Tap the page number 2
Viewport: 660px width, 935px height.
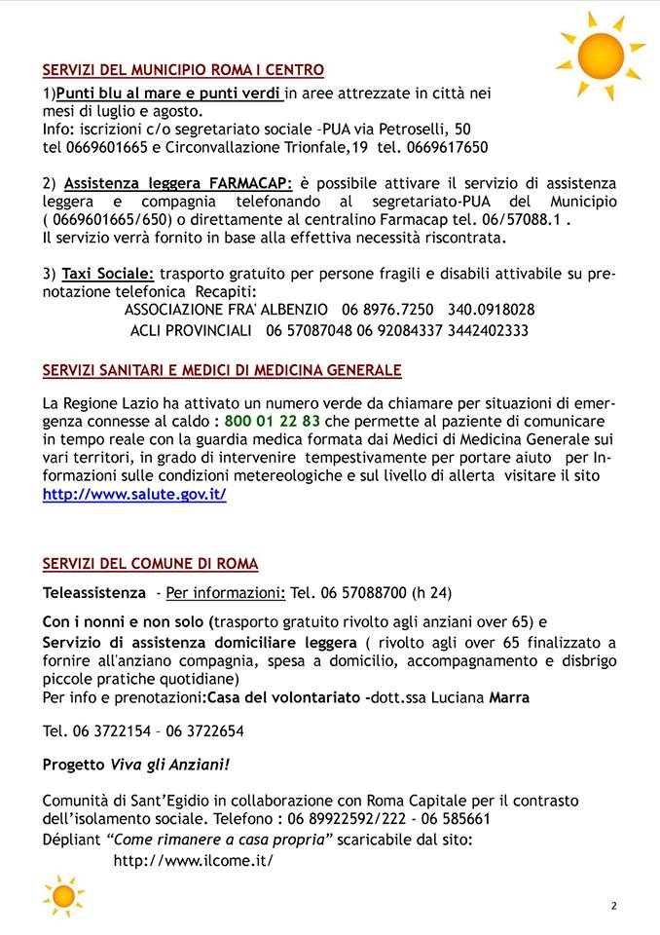[614, 906]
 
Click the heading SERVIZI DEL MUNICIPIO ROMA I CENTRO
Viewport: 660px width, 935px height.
[183, 70]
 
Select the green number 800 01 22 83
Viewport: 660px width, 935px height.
[272, 422]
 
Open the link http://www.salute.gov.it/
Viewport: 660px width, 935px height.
[134, 495]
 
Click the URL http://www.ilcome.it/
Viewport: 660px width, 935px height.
[194, 860]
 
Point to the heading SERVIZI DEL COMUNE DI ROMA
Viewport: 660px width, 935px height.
[150, 564]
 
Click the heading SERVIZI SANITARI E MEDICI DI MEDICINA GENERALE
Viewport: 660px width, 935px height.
[222, 370]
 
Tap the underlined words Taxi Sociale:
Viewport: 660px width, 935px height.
[108, 274]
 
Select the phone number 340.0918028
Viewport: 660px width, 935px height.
[491, 310]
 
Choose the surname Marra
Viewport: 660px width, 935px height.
[509, 697]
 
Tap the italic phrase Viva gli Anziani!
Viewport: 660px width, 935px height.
[170, 765]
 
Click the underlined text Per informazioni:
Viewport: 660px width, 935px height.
[226, 592]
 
